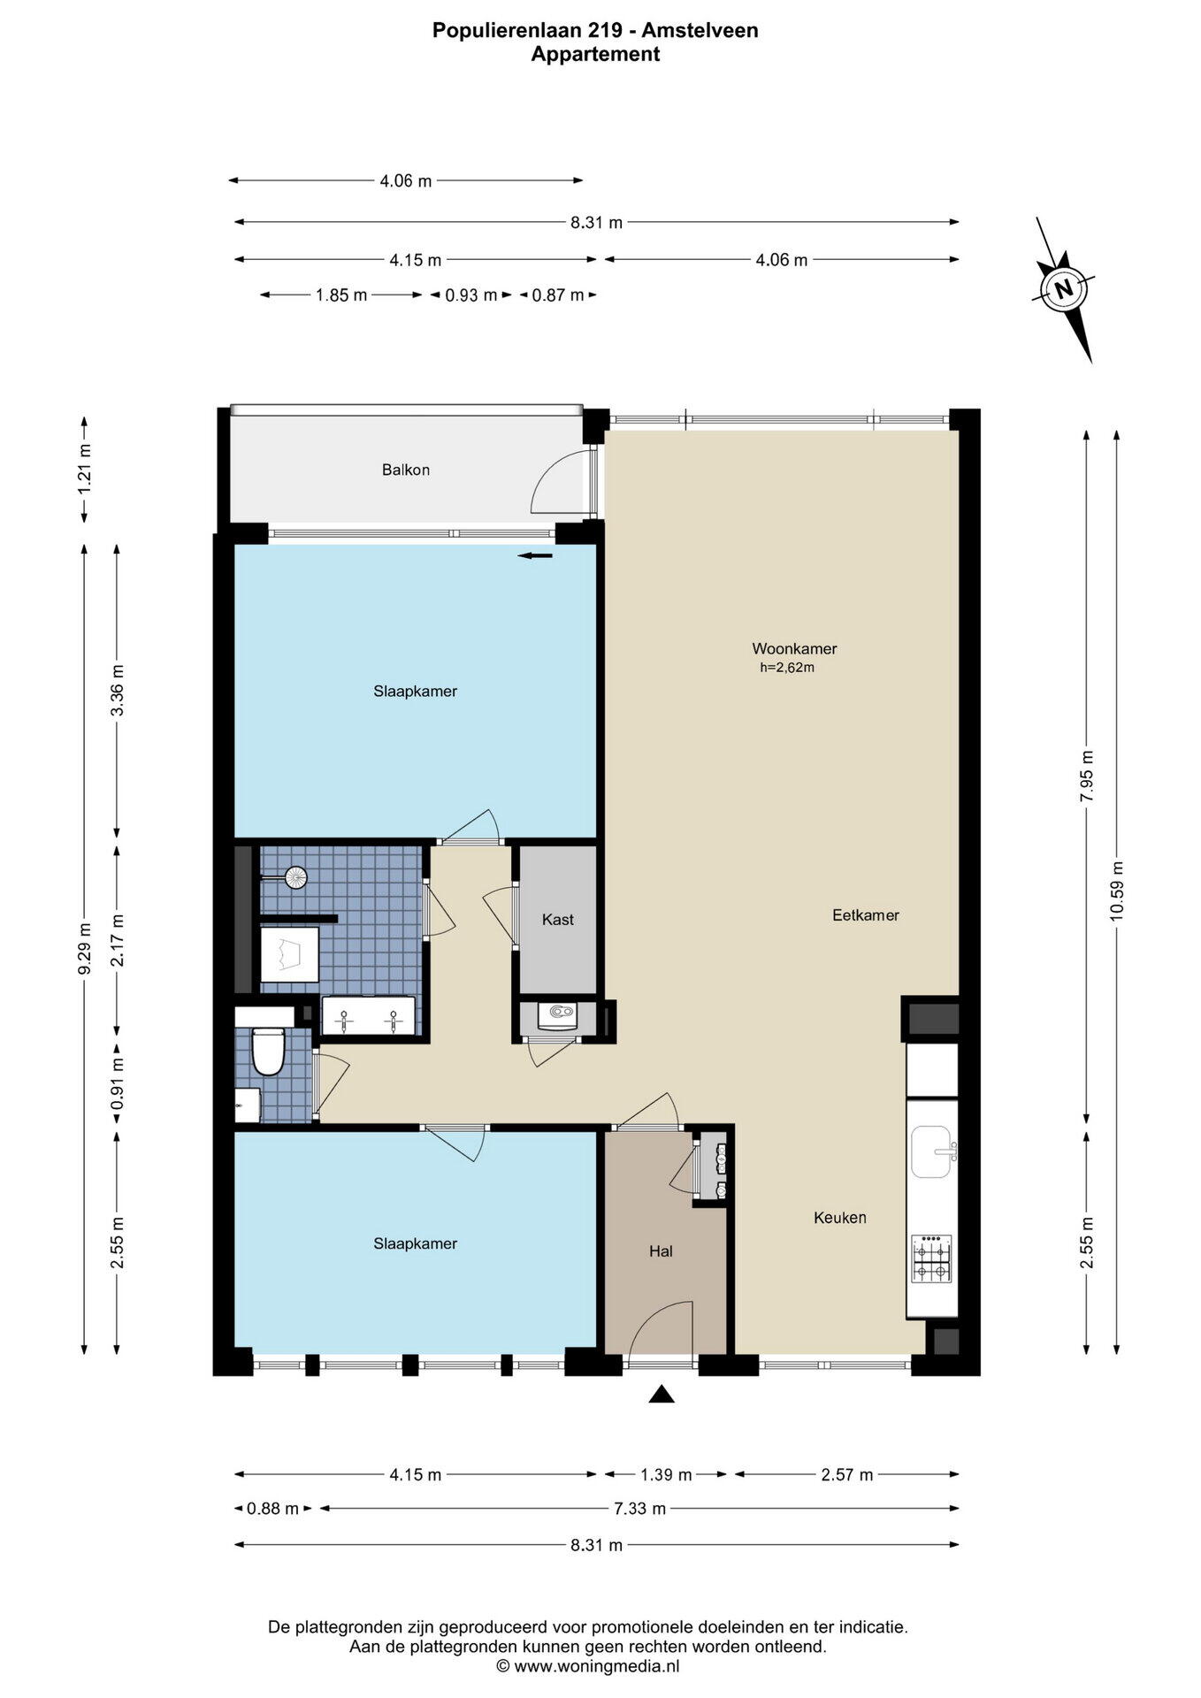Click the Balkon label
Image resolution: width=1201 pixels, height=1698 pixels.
click(x=406, y=470)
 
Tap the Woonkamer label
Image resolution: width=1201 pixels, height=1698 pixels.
click(x=794, y=648)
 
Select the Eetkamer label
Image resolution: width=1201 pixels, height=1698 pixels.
click(x=866, y=915)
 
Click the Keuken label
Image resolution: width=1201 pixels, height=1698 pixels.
click(x=840, y=1218)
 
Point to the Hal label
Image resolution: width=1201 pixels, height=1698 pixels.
click(x=661, y=1251)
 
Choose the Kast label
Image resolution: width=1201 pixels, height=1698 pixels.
click(x=558, y=920)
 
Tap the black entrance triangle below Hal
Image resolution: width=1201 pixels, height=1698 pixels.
click(x=662, y=1395)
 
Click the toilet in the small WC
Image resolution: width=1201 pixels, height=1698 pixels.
click(x=267, y=1051)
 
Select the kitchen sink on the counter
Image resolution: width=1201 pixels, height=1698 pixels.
click(x=934, y=1151)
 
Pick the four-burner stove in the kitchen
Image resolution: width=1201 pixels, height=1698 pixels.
click(x=932, y=1259)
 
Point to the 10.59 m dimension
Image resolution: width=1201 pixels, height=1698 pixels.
click(x=1117, y=891)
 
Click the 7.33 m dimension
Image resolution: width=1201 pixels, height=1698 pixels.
click(x=640, y=1509)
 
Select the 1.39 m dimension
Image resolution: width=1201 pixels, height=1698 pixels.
click(x=666, y=1474)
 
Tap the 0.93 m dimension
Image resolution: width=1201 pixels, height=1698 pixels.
click(x=470, y=295)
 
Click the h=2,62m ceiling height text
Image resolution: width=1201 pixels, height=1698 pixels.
click(x=787, y=668)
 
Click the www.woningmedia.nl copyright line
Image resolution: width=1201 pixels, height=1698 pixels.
click(x=587, y=1666)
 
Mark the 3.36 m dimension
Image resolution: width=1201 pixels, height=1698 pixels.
click(x=117, y=692)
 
